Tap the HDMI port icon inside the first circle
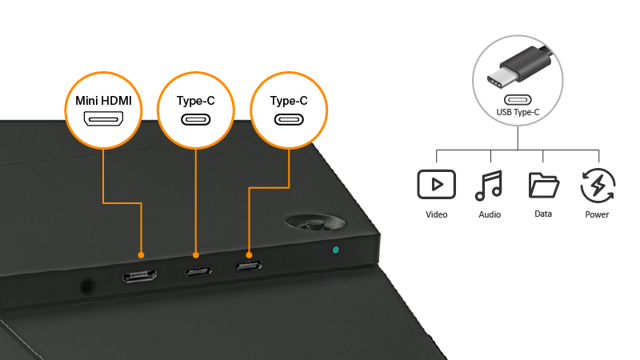(104, 121)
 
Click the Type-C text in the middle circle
(197, 102)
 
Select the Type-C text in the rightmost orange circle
(289, 101)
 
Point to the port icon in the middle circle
(197, 121)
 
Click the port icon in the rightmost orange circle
(289, 120)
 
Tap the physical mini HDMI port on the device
(139, 277)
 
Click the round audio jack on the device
(86, 283)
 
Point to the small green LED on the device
(335, 250)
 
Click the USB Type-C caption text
(518, 113)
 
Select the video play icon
(436, 185)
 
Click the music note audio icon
(490, 185)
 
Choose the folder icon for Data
(543, 185)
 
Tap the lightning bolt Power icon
(597, 185)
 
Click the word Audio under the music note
(490, 214)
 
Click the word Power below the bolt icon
(597, 214)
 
